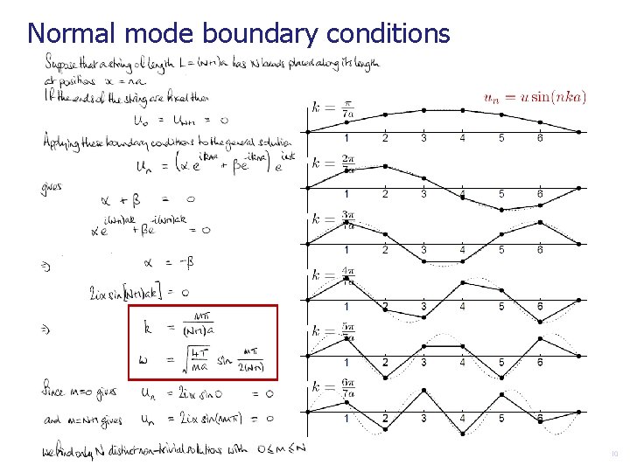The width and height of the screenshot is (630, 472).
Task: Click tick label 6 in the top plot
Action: [x=540, y=138]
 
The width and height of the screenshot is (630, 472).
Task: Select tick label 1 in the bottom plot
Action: [x=346, y=418]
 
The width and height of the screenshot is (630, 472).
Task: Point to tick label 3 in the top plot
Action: [x=423, y=138]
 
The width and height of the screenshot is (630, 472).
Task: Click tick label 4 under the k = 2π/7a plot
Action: [x=462, y=193]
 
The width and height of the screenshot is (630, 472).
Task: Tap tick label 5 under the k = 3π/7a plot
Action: [x=501, y=250]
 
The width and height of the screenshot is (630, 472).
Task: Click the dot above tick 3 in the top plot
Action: [x=423, y=110]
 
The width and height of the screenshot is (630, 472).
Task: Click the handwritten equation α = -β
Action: [x=164, y=261]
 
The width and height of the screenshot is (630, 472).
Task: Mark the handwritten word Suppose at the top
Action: [x=61, y=60]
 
